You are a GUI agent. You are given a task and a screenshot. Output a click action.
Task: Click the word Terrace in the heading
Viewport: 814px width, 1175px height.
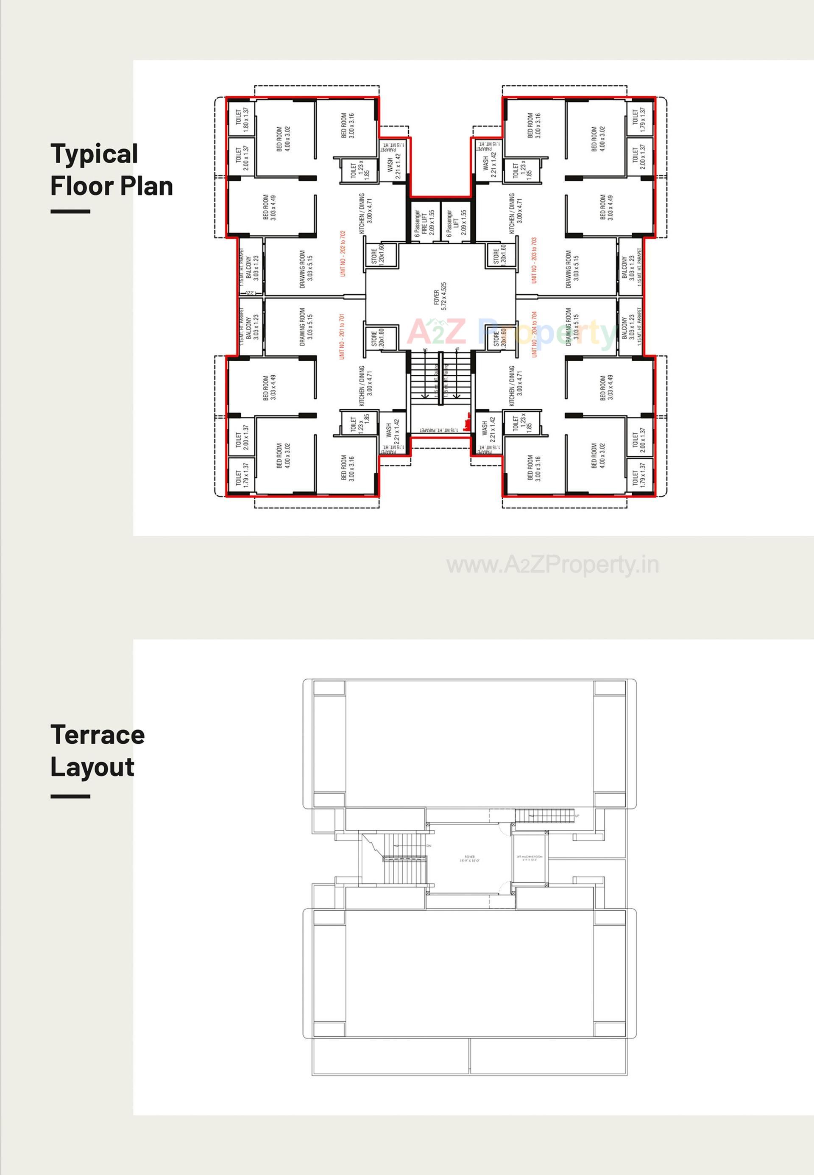coord(98,735)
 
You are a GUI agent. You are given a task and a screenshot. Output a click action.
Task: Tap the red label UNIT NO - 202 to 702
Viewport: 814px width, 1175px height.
coord(343,254)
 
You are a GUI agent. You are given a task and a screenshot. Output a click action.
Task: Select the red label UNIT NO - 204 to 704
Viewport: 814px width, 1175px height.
coord(535,334)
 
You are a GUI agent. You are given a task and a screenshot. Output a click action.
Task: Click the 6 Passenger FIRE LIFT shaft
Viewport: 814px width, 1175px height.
coord(424,223)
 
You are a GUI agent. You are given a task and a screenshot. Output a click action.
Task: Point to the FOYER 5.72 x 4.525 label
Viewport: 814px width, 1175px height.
coord(440,296)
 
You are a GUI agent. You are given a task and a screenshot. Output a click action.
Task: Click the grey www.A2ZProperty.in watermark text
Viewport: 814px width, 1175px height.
coord(552,565)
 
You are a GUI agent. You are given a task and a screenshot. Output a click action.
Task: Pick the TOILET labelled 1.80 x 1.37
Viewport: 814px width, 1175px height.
coord(242,120)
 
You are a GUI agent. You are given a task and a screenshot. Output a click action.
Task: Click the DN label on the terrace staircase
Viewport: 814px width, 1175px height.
coord(429,846)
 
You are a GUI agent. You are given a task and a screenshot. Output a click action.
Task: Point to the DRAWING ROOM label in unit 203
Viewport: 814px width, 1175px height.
coord(572,269)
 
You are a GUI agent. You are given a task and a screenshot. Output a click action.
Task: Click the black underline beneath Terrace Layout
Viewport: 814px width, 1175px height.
coord(70,796)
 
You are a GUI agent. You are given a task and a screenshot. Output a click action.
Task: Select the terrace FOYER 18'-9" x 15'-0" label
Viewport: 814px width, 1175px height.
coord(469,859)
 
